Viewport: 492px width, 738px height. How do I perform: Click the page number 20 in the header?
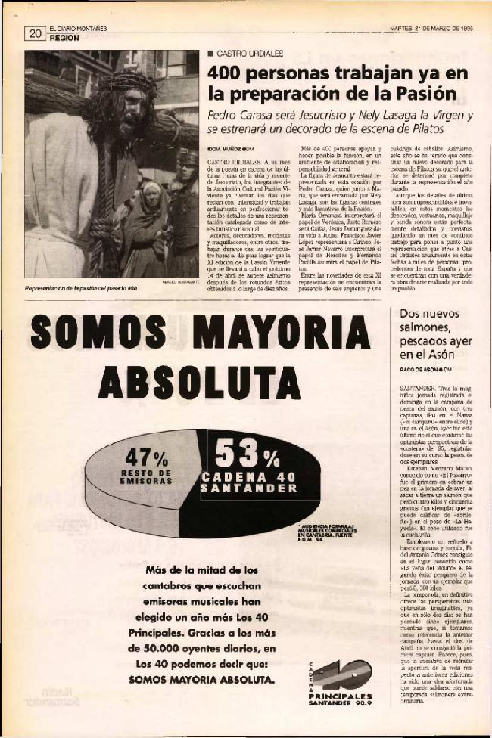(35, 33)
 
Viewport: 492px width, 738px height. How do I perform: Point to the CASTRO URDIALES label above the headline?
(249, 55)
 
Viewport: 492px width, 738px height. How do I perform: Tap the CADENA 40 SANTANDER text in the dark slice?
(249, 482)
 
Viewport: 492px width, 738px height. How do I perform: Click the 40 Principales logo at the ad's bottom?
(341, 679)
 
